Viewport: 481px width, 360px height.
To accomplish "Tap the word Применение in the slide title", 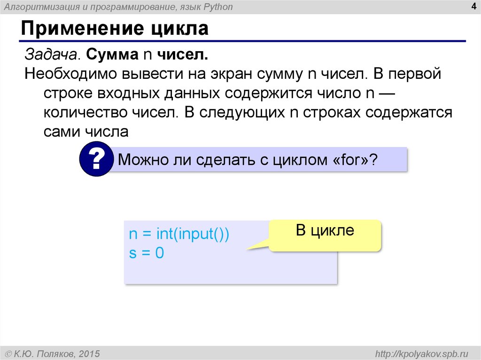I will tap(75, 29).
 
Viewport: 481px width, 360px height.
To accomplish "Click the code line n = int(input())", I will tap(179, 235).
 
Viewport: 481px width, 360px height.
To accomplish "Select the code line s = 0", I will tap(146, 254).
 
